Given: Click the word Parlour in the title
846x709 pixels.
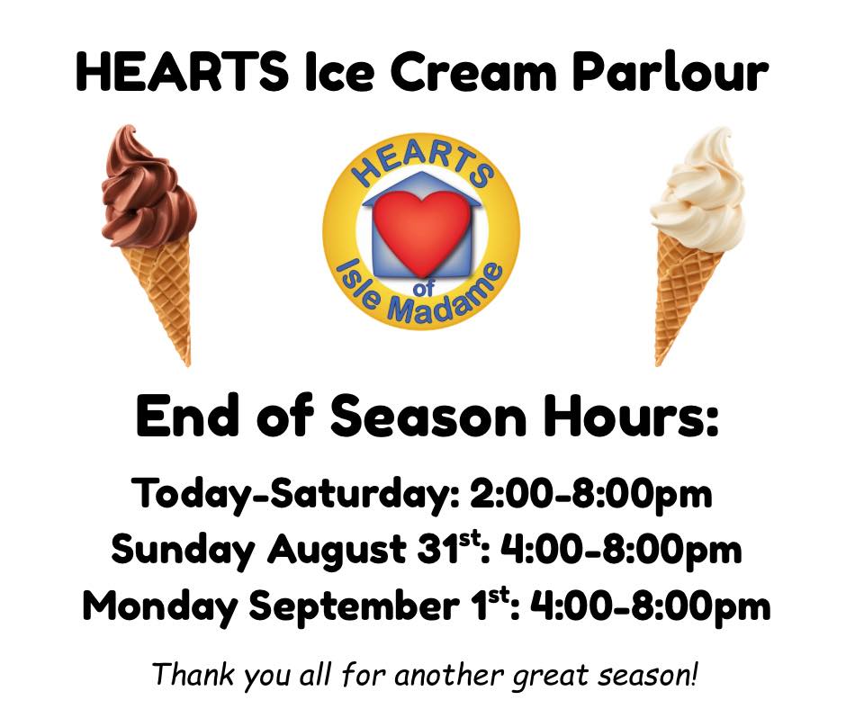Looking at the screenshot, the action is [670, 71].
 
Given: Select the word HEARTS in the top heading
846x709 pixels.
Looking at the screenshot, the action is [182, 71].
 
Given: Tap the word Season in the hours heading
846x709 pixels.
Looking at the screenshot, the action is [427, 417].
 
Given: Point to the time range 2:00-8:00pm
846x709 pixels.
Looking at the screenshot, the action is [590, 494].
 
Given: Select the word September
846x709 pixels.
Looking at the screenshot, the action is [355, 606].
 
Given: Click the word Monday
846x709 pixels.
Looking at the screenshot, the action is [159, 606].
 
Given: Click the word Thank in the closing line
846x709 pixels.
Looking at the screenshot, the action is [193, 674].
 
